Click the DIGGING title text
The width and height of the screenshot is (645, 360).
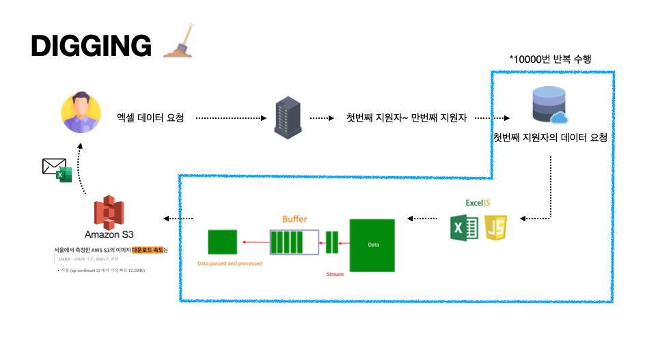pos(91,46)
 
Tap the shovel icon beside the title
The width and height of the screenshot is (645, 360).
pos(178,44)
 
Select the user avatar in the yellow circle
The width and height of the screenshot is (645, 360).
pos(81,113)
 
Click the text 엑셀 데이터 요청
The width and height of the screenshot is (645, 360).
pos(150,118)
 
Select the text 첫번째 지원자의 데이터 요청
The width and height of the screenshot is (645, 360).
pos(550,137)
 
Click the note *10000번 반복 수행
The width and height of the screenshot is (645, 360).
pos(550,59)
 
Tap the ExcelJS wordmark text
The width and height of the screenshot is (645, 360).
pos(478,203)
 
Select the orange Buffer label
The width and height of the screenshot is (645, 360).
pos(294,219)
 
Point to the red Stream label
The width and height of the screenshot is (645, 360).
pos(335,274)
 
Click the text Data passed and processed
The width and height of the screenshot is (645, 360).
pos(230,263)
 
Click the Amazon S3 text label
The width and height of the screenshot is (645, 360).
pos(109,234)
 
